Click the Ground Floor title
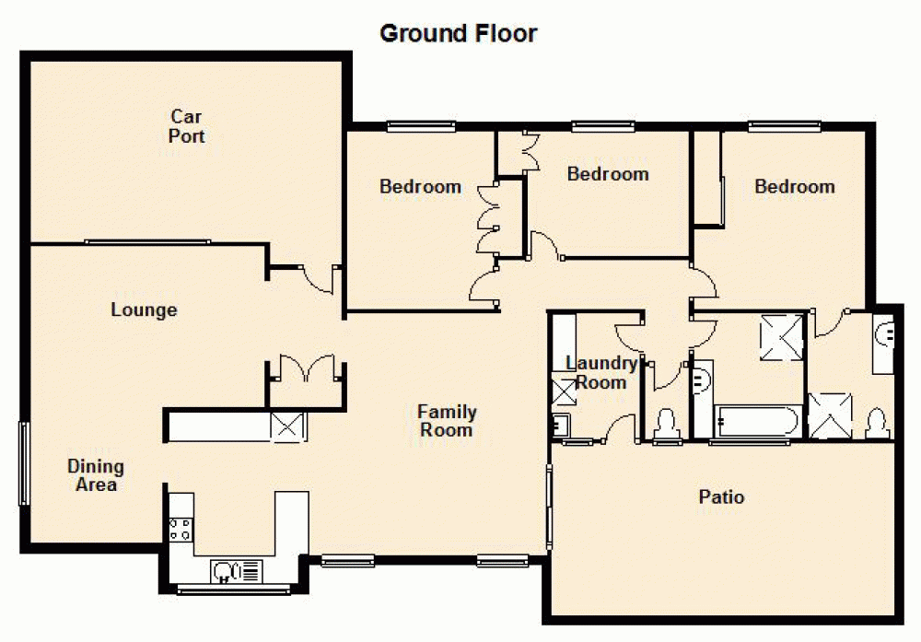click(459, 34)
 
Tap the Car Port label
click(187, 126)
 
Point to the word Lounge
click(144, 310)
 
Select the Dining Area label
click(96, 475)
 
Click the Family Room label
click(447, 420)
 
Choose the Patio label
click(721, 497)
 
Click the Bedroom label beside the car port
click(420, 187)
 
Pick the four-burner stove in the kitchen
click(181, 529)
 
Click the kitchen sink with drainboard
click(237, 572)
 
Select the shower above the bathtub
click(780, 336)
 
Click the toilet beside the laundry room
click(665, 424)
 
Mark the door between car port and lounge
click(321, 277)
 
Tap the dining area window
click(24, 463)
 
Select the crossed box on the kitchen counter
click(287, 426)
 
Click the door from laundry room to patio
click(621, 429)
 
